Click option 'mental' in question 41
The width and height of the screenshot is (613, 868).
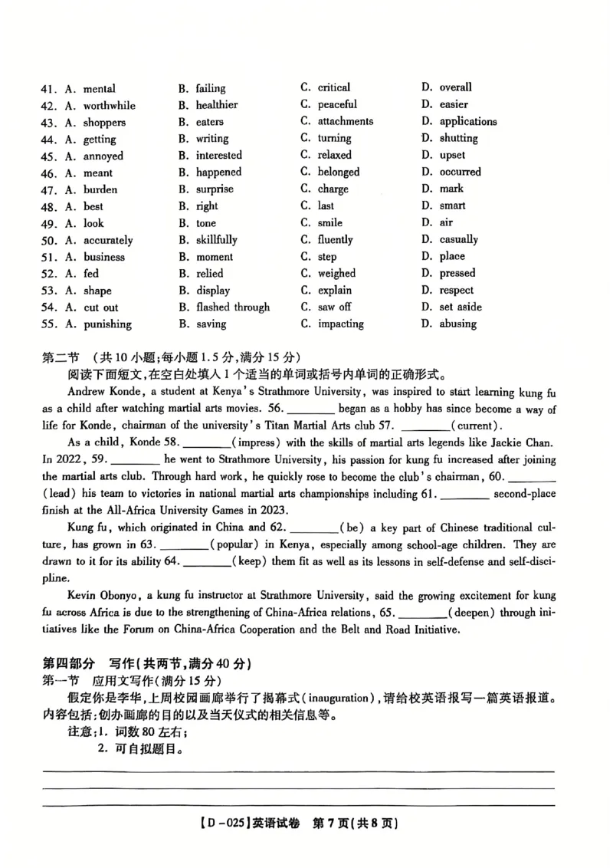pos(99,89)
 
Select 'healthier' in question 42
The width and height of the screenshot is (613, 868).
pos(216,105)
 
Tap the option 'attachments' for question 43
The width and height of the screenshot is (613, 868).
pos(346,121)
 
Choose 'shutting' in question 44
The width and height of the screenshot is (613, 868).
pos(458,139)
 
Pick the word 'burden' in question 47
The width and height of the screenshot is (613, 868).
pos(100,189)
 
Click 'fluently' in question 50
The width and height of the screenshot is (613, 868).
pos(335,240)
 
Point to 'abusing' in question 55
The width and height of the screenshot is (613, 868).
pos(457,324)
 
